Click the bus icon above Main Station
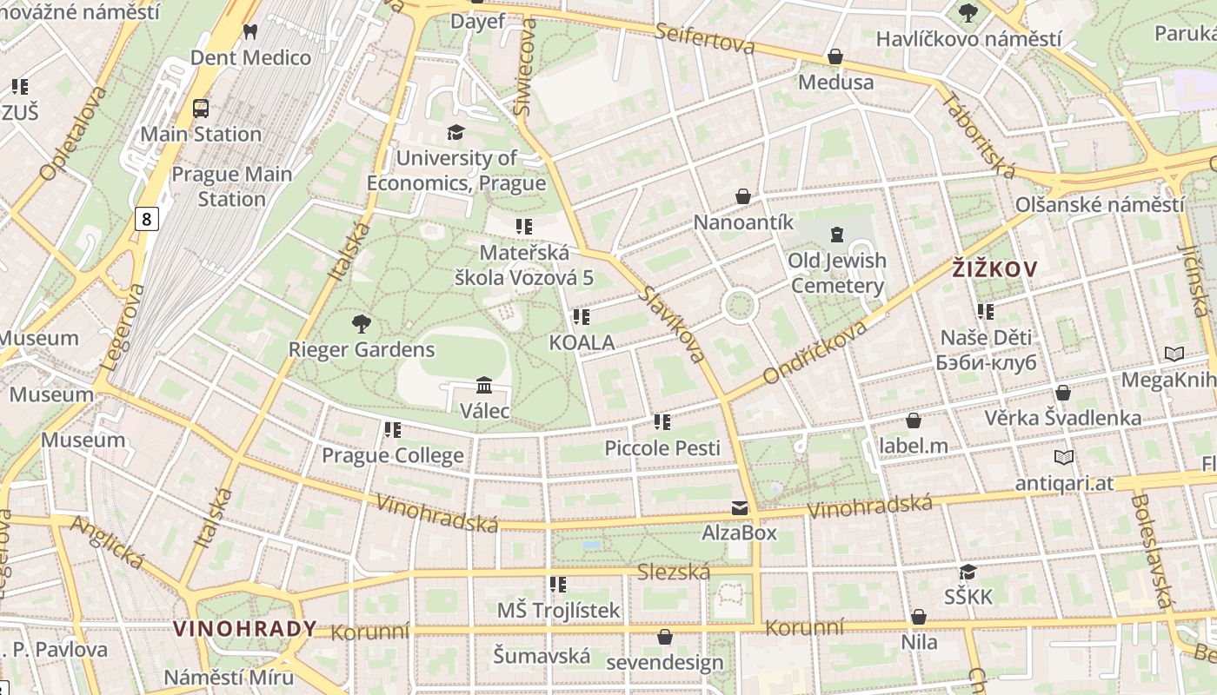click(x=201, y=109)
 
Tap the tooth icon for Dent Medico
click(x=250, y=32)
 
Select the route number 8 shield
click(x=146, y=219)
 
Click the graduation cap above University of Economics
click(x=456, y=132)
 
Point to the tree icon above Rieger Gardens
click(x=361, y=324)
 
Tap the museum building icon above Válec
click(x=484, y=385)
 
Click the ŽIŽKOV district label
click(x=994, y=269)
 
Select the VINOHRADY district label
click(x=244, y=629)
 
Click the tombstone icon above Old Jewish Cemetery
click(x=837, y=234)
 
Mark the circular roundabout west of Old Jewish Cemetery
click(x=739, y=306)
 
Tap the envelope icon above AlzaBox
click(x=740, y=507)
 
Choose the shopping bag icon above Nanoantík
click(x=743, y=196)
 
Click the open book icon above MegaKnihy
click(x=1174, y=354)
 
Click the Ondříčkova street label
click(x=815, y=352)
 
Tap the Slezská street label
click(x=674, y=572)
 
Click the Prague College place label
click(x=393, y=455)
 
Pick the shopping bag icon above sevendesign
click(x=665, y=637)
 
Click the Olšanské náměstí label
click(x=1099, y=205)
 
